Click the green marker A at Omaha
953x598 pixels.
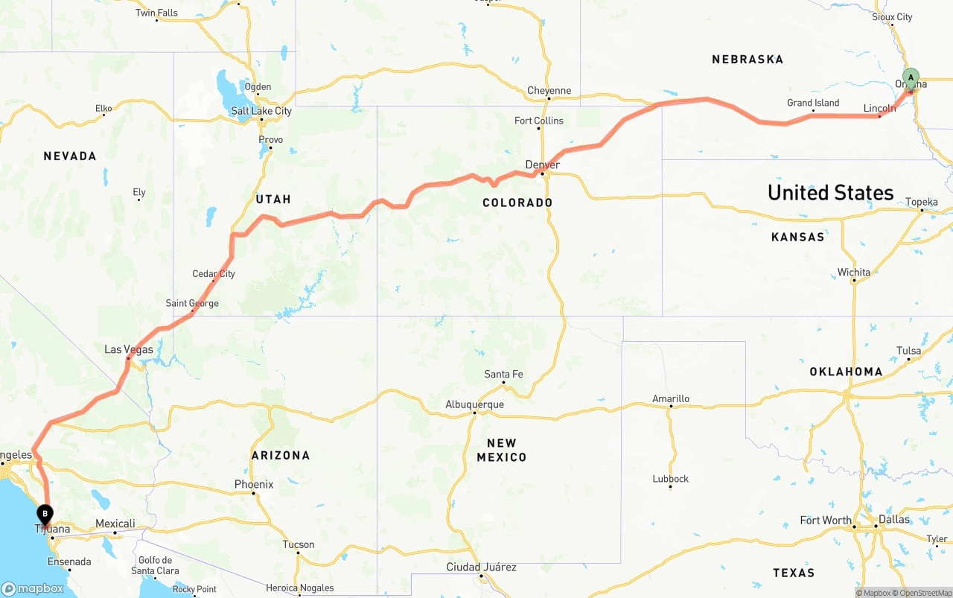pos(911,78)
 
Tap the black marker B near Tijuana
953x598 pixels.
pos(45,514)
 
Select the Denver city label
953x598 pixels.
pos(542,165)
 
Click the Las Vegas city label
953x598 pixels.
pos(129,349)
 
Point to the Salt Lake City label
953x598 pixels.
pos(261,111)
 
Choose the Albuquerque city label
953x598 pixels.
pos(474,404)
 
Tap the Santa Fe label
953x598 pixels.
pos(503,374)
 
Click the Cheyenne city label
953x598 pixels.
pos(549,91)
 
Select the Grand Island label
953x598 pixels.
pos(813,103)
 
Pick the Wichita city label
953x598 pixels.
pos(853,273)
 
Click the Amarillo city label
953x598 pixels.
pos(671,398)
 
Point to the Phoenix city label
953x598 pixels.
pos(254,484)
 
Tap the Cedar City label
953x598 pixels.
pos(214,273)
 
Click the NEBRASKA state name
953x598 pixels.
pos(748,60)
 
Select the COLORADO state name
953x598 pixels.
pos(517,203)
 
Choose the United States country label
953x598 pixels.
pos(830,193)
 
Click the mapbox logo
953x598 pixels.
pos(34,588)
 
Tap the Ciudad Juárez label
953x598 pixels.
pos(481,567)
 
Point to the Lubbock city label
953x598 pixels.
pos(670,479)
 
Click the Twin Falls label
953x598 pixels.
pos(156,13)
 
